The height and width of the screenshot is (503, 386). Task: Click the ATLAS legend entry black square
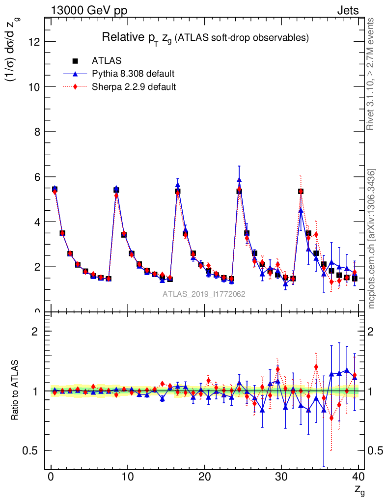point(76,61)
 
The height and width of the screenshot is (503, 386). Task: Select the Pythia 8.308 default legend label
point(133,74)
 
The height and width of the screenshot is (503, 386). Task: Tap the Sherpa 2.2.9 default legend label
point(134,86)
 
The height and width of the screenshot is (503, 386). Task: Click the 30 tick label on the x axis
point(281,477)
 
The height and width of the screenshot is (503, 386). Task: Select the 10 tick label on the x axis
point(128,477)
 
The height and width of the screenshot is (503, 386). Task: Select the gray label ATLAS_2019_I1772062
point(204,294)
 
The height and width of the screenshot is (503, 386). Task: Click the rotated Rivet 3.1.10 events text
point(371,74)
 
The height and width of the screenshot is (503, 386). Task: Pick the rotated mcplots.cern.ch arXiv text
point(371,238)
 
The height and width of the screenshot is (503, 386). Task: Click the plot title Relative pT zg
point(205,37)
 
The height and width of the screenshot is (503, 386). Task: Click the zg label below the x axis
point(359,490)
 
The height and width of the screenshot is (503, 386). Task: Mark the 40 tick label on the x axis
point(358,477)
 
